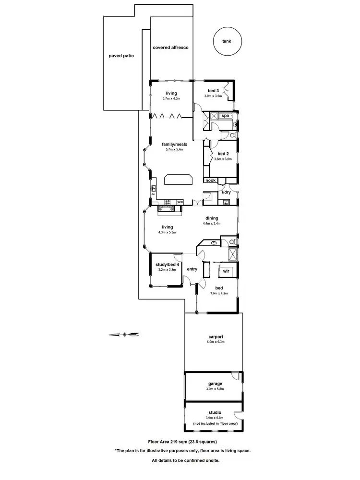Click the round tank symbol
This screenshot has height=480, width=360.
[x=226, y=42]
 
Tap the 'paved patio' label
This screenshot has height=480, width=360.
[x=121, y=56]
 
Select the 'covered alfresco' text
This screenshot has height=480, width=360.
[x=170, y=48]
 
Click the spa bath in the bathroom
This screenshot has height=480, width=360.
[x=225, y=116]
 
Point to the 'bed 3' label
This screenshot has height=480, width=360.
[x=214, y=91]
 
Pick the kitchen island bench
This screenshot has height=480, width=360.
[x=178, y=180]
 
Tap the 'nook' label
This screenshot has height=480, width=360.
[x=210, y=180]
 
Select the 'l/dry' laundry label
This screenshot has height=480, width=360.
[x=226, y=192]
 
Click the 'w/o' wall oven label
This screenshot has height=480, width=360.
[x=180, y=202]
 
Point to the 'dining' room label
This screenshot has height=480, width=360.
[x=212, y=217]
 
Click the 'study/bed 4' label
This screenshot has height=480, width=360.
[x=168, y=264]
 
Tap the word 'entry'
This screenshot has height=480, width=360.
[x=192, y=269]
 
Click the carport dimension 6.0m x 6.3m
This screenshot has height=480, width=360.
[x=216, y=342]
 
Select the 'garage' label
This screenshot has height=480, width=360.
[x=215, y=384]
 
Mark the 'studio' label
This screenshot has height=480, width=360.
[x=215, y=412]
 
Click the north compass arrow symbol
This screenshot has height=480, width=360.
[x=124, y=334]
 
